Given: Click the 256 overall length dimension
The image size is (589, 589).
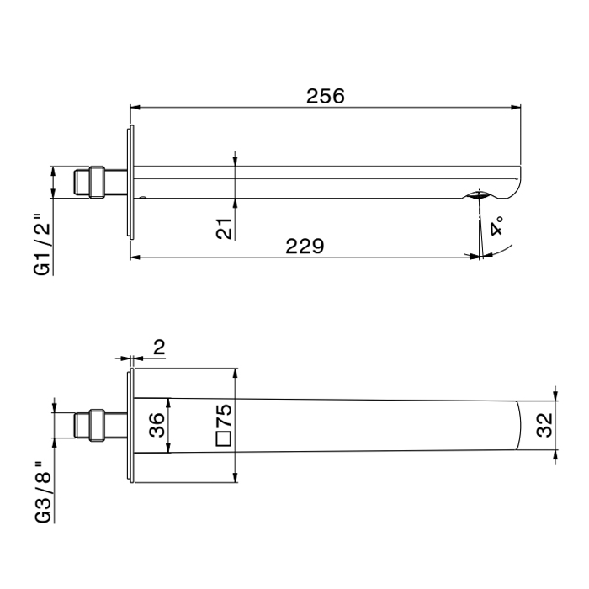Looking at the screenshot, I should [325, 96].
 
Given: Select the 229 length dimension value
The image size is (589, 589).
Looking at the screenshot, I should [304, 247].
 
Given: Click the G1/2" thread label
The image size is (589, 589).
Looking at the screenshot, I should [42, 245].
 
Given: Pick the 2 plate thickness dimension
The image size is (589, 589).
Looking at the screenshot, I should [160, 346].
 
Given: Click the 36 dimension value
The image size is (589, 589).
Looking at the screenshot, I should [157, 426].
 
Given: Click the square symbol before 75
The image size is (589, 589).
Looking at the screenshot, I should [223, 439].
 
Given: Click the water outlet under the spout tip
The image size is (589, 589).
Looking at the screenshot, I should [478, 197].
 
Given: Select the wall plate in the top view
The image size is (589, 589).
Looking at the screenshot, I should [130, 427].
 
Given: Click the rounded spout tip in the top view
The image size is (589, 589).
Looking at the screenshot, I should [518, 427].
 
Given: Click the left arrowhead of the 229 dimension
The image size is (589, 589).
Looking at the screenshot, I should [135, 257].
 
